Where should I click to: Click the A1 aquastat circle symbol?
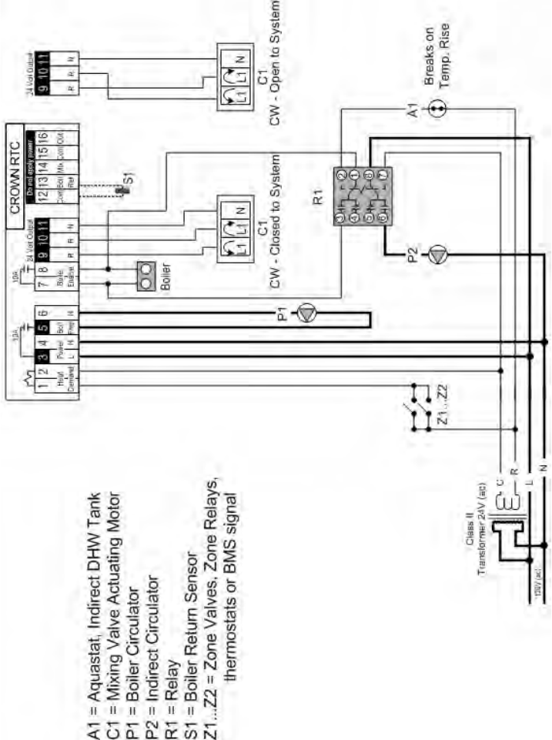pyautogui.click(x=437, y=109)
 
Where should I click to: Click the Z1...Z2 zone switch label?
pyautogui.click(x=441, y=420)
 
